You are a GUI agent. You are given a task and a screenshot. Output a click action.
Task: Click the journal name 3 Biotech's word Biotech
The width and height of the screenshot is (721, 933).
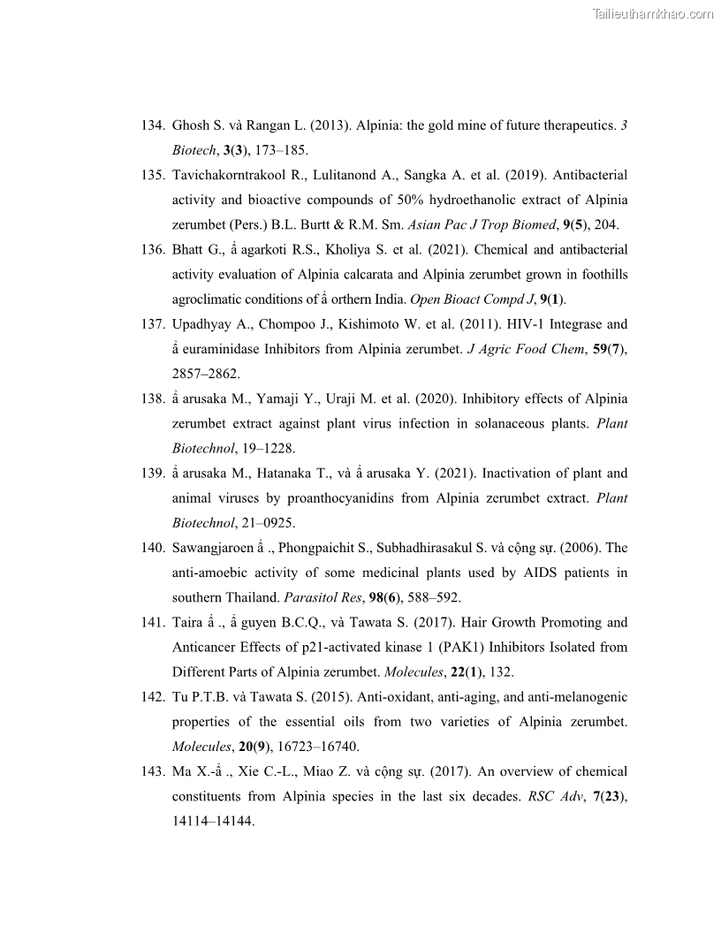tap(192, 150)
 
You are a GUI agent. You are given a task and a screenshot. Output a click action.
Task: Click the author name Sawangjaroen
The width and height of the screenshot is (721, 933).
tap(223, 548)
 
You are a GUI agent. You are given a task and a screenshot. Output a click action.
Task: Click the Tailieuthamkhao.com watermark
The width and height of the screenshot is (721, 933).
tap(652, 13)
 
